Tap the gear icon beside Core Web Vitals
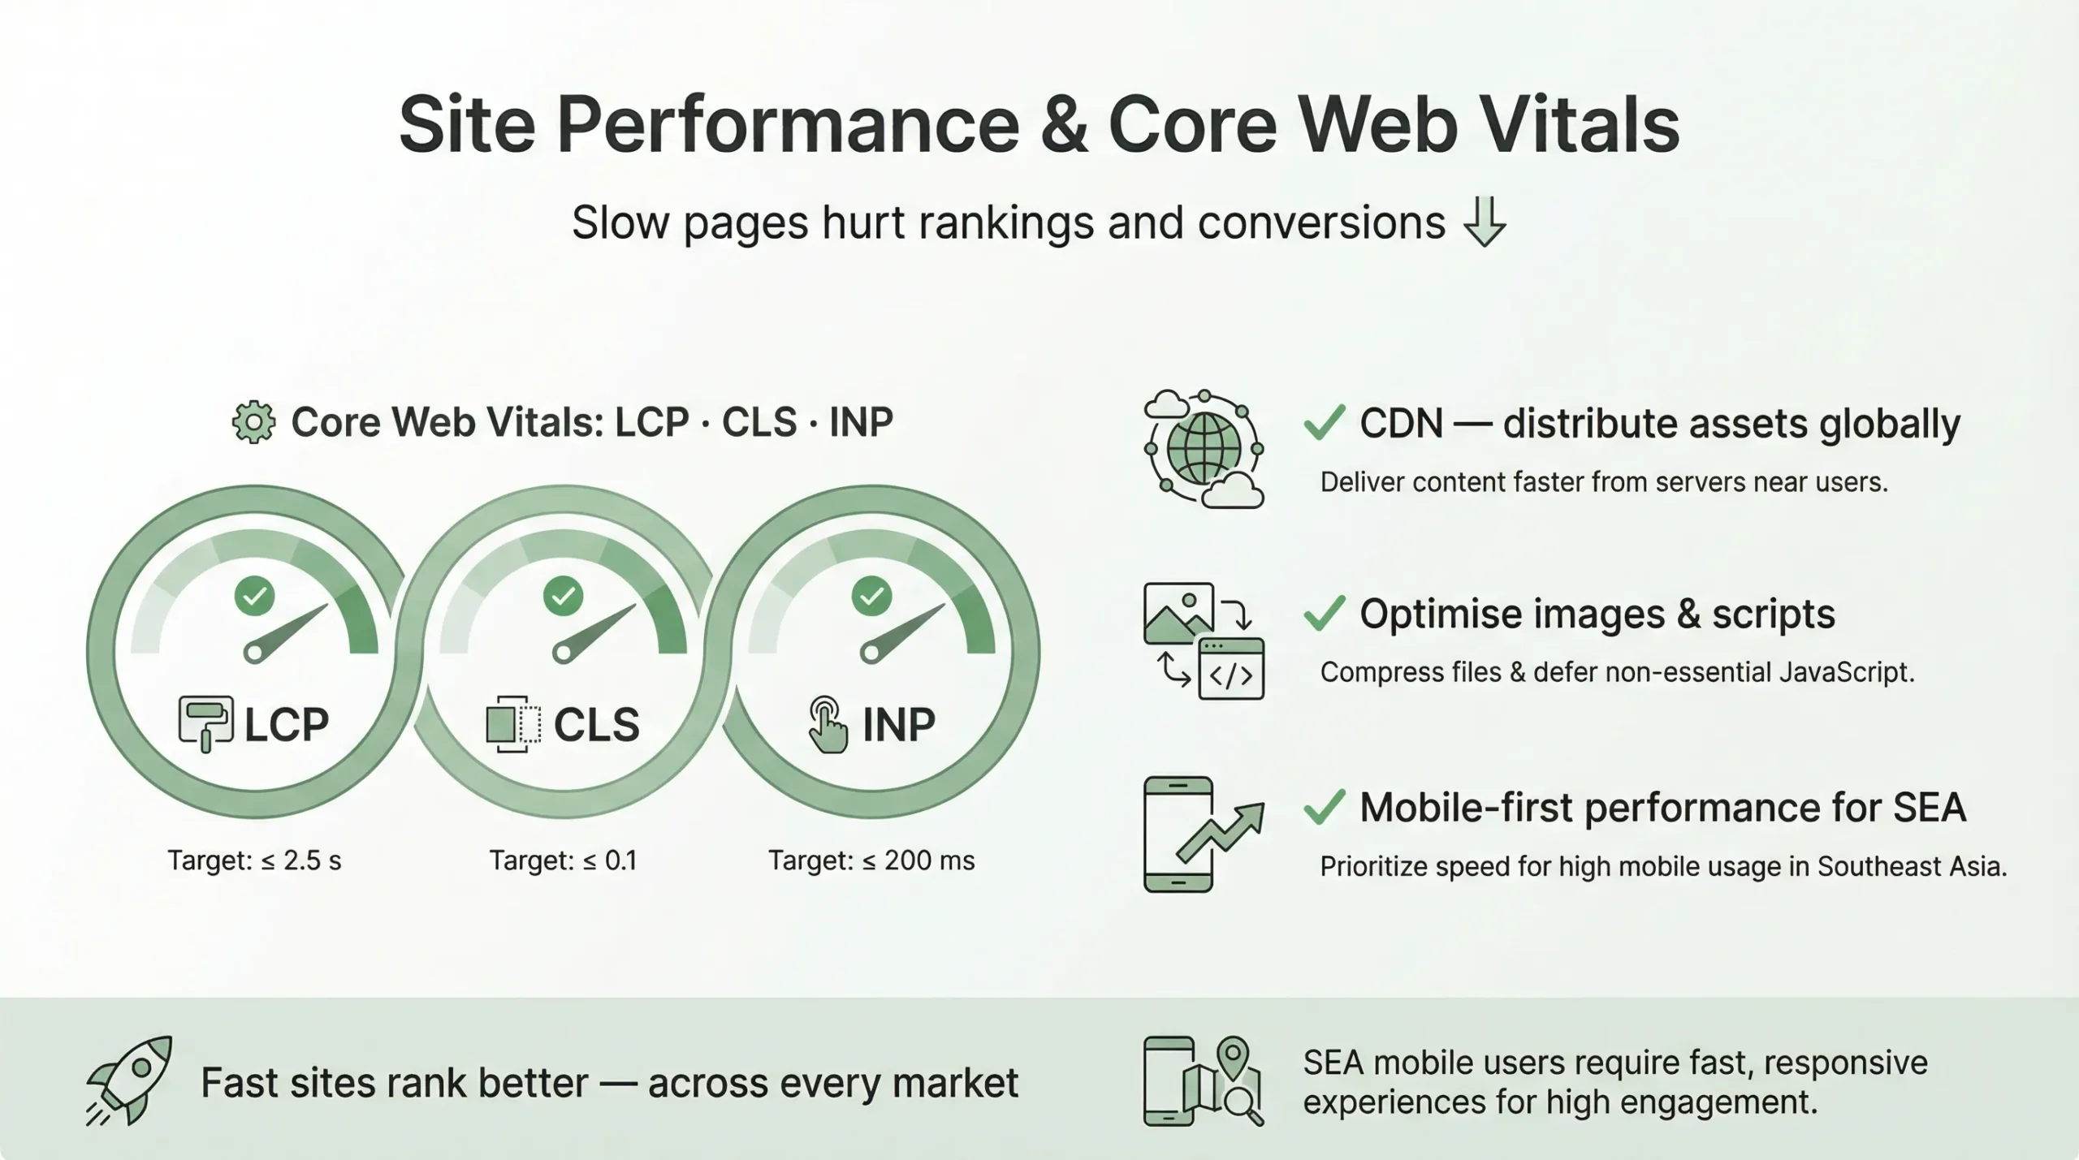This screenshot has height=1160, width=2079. click(253, 422)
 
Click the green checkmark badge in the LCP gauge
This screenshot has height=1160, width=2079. click(254, 597)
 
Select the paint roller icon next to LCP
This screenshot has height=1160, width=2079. click(205, 723)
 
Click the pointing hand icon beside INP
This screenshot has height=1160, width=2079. click(828, 725)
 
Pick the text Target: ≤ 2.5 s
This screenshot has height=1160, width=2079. click(254, 860)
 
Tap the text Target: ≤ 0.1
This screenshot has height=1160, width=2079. click(563, 860)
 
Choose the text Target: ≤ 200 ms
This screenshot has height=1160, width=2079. click(871, 860)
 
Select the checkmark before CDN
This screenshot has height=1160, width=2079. click(1325, 423)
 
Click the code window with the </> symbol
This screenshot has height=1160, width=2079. click(1231, 669)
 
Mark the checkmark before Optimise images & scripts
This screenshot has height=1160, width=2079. click(1325, 614)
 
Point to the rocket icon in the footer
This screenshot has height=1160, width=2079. click(130, 1080)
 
